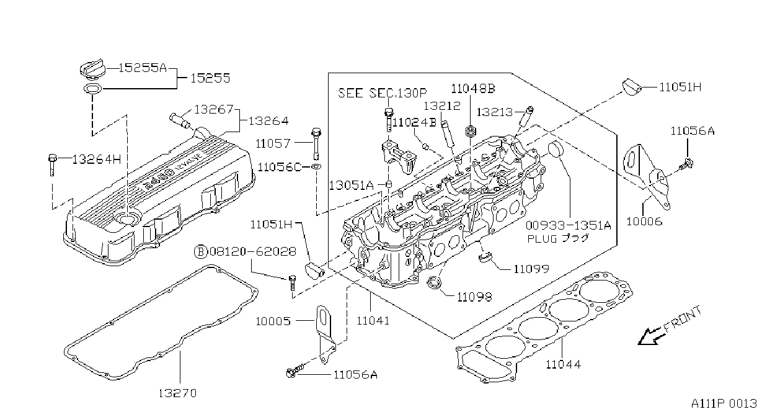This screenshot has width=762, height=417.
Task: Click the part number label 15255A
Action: pos(143,68)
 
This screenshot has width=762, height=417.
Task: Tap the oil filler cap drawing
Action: pos(92,68)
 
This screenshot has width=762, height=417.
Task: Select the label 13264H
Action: pos(97,159)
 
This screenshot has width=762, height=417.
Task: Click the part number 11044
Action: pos(564,364)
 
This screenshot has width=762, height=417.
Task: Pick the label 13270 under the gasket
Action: pos(177,393)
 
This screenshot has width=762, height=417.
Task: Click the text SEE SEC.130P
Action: pos(383,93)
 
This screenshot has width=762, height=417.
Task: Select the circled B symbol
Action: pos(200,251)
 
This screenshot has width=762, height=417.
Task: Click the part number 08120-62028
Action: pos(253,251)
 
